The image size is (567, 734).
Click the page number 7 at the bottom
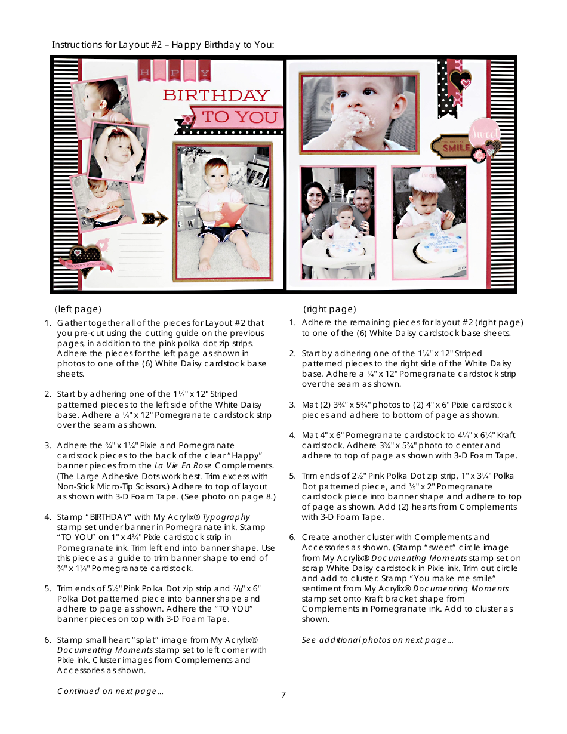click(283, 695)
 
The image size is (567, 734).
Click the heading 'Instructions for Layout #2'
click(163, 45)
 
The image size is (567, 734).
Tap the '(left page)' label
click(78, 309)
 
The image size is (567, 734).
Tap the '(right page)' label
click(329, 309)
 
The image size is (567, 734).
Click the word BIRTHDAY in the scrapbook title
click(216, 95)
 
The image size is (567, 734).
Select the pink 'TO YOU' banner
click(239, 118)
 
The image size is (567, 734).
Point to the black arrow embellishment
click(155, 219)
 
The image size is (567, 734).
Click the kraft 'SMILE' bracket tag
click(457, 145)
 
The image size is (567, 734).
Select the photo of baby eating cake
click(358, 113)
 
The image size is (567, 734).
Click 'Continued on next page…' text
click(110, 691)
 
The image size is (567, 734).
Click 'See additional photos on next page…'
click(377, 640)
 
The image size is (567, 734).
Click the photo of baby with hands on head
click(118, 152)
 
